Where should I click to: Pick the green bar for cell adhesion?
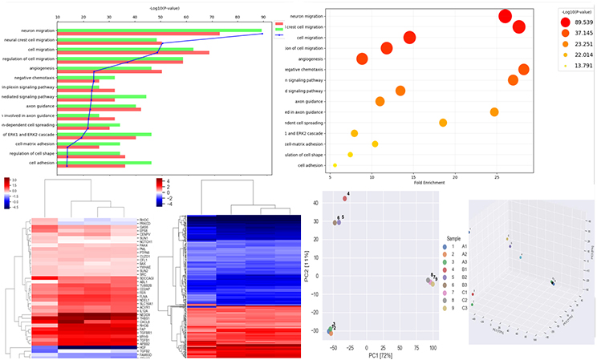104,162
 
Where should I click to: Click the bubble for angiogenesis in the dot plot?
362,59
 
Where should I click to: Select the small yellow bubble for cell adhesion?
335,165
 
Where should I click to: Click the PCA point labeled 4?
345,198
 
